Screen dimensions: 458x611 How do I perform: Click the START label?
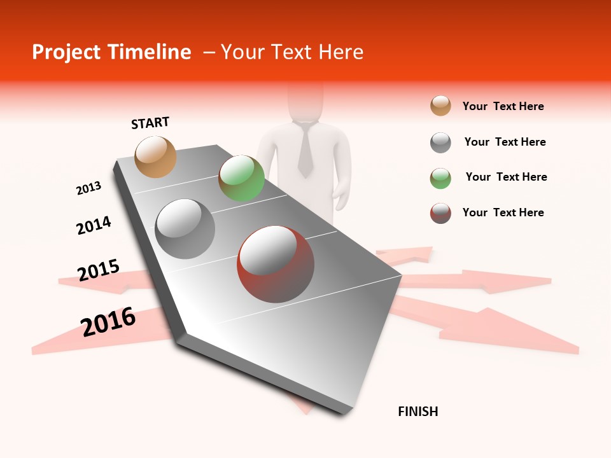150,123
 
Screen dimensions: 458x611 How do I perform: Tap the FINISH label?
418,412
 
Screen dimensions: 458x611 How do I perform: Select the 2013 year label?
88,188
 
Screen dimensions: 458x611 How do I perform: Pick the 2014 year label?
94,226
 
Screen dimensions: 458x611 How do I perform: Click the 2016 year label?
108,321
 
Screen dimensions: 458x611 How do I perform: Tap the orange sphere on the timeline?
156,156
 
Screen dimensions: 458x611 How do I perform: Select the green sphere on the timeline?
241,178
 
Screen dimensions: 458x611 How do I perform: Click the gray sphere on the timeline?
185,228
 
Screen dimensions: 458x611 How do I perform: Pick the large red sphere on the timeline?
276,263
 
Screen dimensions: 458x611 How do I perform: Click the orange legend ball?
440,106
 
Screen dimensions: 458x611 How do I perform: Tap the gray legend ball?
440,142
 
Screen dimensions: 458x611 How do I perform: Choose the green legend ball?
440,178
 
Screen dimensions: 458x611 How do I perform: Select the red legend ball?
440,213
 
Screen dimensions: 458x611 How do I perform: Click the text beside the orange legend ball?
503,106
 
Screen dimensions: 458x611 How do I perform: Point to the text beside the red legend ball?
503,212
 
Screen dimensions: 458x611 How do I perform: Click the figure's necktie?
305,149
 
